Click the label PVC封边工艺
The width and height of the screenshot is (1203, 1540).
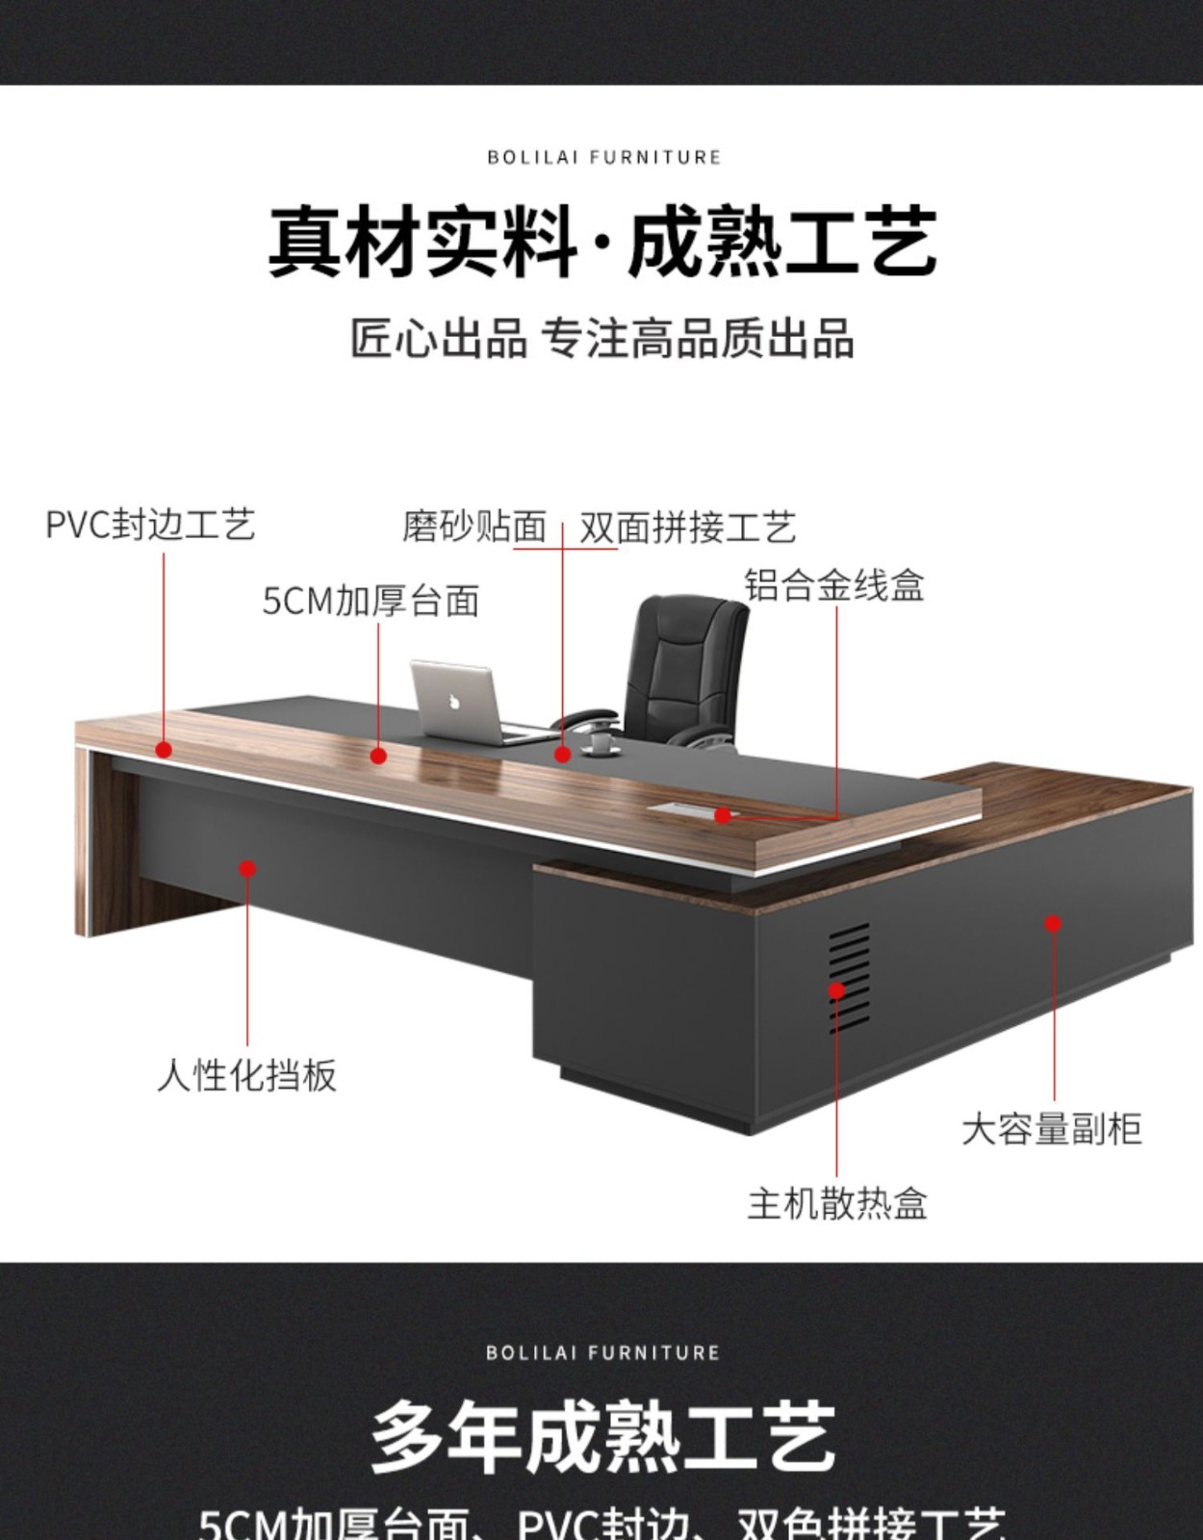click(150, 526)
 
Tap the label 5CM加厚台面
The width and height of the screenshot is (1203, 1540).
click(371, 602)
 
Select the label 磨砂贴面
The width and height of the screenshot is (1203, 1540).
click(474, 527)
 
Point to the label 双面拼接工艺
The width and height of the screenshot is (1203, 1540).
click(687, 527)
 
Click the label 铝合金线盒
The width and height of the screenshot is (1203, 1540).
click(833, 585)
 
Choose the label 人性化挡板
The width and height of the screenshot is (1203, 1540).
click(247, 1075)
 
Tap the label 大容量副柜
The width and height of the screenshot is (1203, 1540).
click(1051, 1129)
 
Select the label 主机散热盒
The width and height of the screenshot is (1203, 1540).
click(836, 1204)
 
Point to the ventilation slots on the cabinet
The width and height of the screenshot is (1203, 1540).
click(849, 977)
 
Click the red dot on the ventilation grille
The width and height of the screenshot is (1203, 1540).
click(836, 989)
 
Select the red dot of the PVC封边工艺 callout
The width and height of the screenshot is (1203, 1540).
click(164, 749)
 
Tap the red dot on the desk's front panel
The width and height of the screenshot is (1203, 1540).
click(247, 868)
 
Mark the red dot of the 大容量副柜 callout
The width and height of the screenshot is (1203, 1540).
click(1053, 923)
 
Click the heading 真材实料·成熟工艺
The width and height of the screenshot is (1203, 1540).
click(601, 241)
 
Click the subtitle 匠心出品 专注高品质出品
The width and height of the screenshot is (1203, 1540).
click(601, 340)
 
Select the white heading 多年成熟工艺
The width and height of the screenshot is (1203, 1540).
click(601, 1437)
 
